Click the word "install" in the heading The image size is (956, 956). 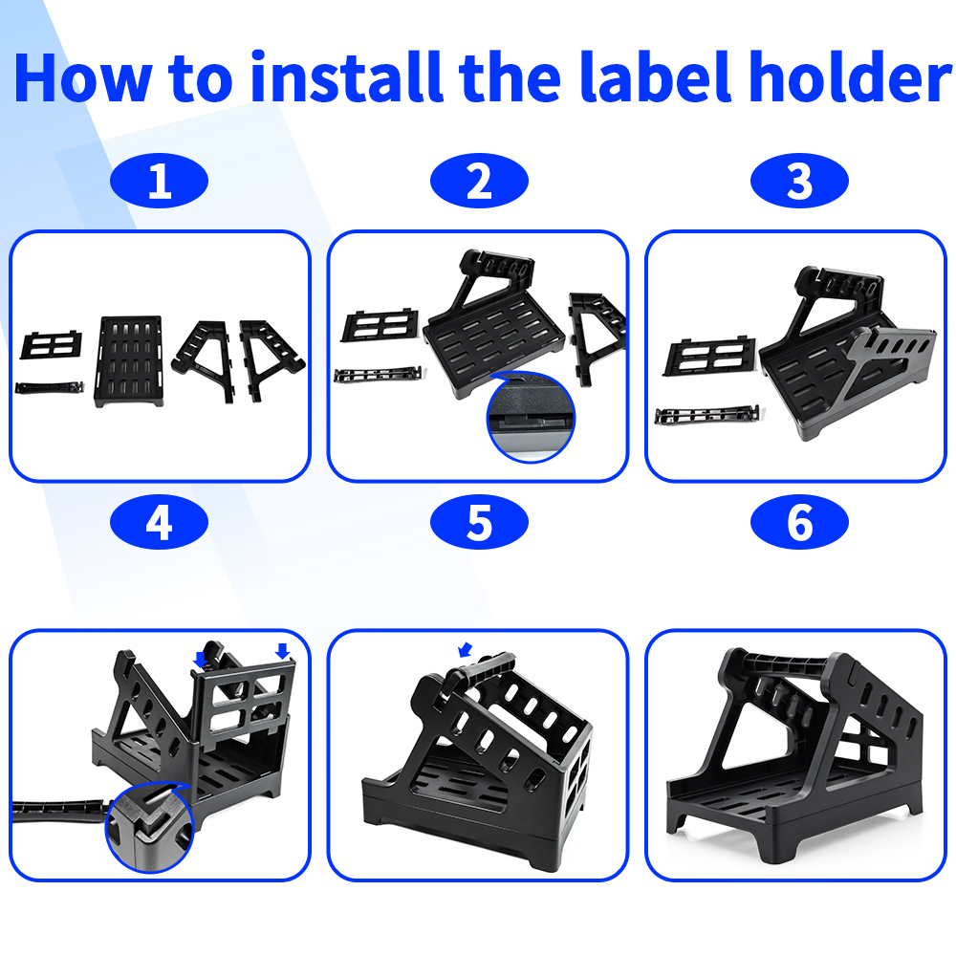pyautogui.click(x=346, y=77)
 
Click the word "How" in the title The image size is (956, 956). pyautogui.click(x=83, y=78)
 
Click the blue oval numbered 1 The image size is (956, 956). pyautogui.click(x=159, y=181)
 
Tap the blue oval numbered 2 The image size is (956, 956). pyautogui.click(x=479, y=181)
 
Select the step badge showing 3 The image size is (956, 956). pyautogui.click(x=799, y=181)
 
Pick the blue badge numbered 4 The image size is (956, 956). pyautogui.click(x=159, y=522)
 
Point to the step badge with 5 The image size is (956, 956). pyautogui.click(x=479, y=522)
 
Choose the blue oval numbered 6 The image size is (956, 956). pyautogui.click(x=799, y=522)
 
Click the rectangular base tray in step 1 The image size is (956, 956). pyautogui.click(x=129, y=361)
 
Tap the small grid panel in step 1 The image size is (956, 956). pyautogui.click(x=52, y=345)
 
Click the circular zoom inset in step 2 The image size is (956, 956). pyautogui.click(x=531, y=417)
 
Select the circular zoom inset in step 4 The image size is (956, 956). pyautogui.click(x=149, y=827)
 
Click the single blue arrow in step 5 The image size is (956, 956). pyautogui.click(x=466, y=650)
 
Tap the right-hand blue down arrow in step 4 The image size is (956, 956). pyautogui.click(x=282, y=651)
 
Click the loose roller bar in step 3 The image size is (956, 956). pyautogui.click(x=707, y=415)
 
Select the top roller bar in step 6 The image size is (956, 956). pyautogui.click(x=787, y=663)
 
